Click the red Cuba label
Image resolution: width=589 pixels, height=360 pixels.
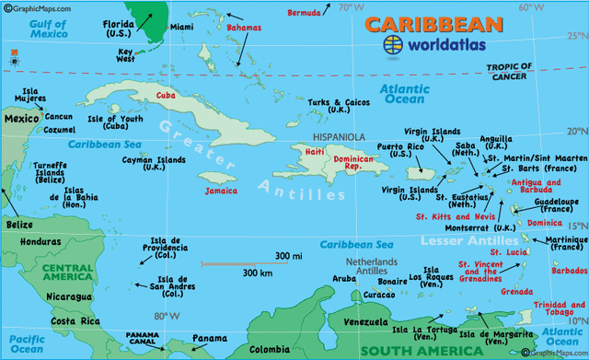tap(167, 95)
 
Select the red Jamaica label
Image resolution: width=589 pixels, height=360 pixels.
tap(221, 191)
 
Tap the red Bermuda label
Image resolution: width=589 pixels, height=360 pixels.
tap(304, 14)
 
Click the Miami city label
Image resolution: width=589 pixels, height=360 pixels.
tap(181, 28)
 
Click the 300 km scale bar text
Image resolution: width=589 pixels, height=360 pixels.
tap(260, 273)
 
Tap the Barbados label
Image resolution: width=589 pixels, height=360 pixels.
tap(570, 272)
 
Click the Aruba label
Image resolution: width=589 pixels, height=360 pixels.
tap(342, 277)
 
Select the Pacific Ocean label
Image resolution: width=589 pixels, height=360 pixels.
tap(20, 344)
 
